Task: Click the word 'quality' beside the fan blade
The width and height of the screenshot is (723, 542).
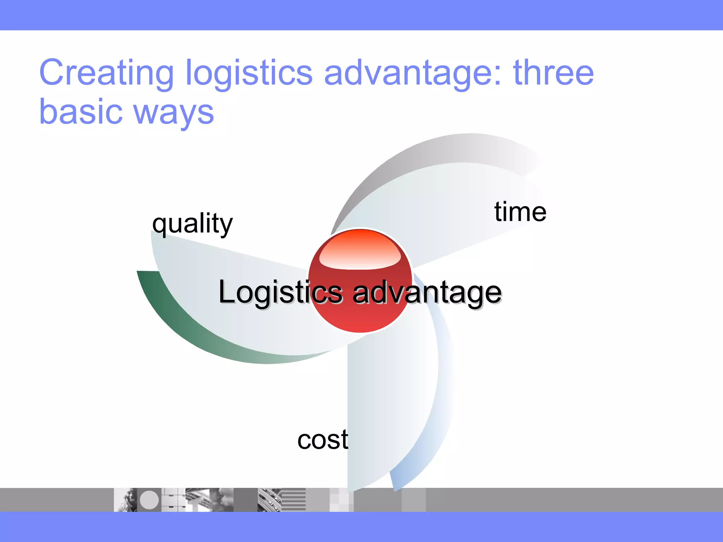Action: pyautogui.click(x=192, y=224)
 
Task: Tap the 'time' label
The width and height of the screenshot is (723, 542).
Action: pyautogui.click(x=520, y=212)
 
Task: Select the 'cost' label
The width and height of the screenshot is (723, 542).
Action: pyautogui.click(x=323, y=440)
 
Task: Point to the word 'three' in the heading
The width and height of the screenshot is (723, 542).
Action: pyautogui.click(x=553, y=73)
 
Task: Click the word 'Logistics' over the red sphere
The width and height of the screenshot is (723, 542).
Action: pyautogui.click(x=281, y=292)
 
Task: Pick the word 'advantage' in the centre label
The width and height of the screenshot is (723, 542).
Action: pyautogui.click(x=427, y=293)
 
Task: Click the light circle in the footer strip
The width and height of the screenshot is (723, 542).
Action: pyautogui.click(x=149, y=500)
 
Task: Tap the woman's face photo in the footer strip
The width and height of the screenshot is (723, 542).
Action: pyautogui.click(x=126, y=500)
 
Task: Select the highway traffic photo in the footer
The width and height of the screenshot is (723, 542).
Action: pyautogui.click(x=269, y=500)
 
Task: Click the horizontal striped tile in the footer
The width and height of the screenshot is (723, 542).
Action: pyautogui.click(x=294, y=500)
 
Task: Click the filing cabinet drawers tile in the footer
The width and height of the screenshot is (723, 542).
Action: pyautogui.click(x=173, y=500)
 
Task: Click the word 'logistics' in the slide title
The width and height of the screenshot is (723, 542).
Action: pyautogui.click(x=249, y=73)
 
